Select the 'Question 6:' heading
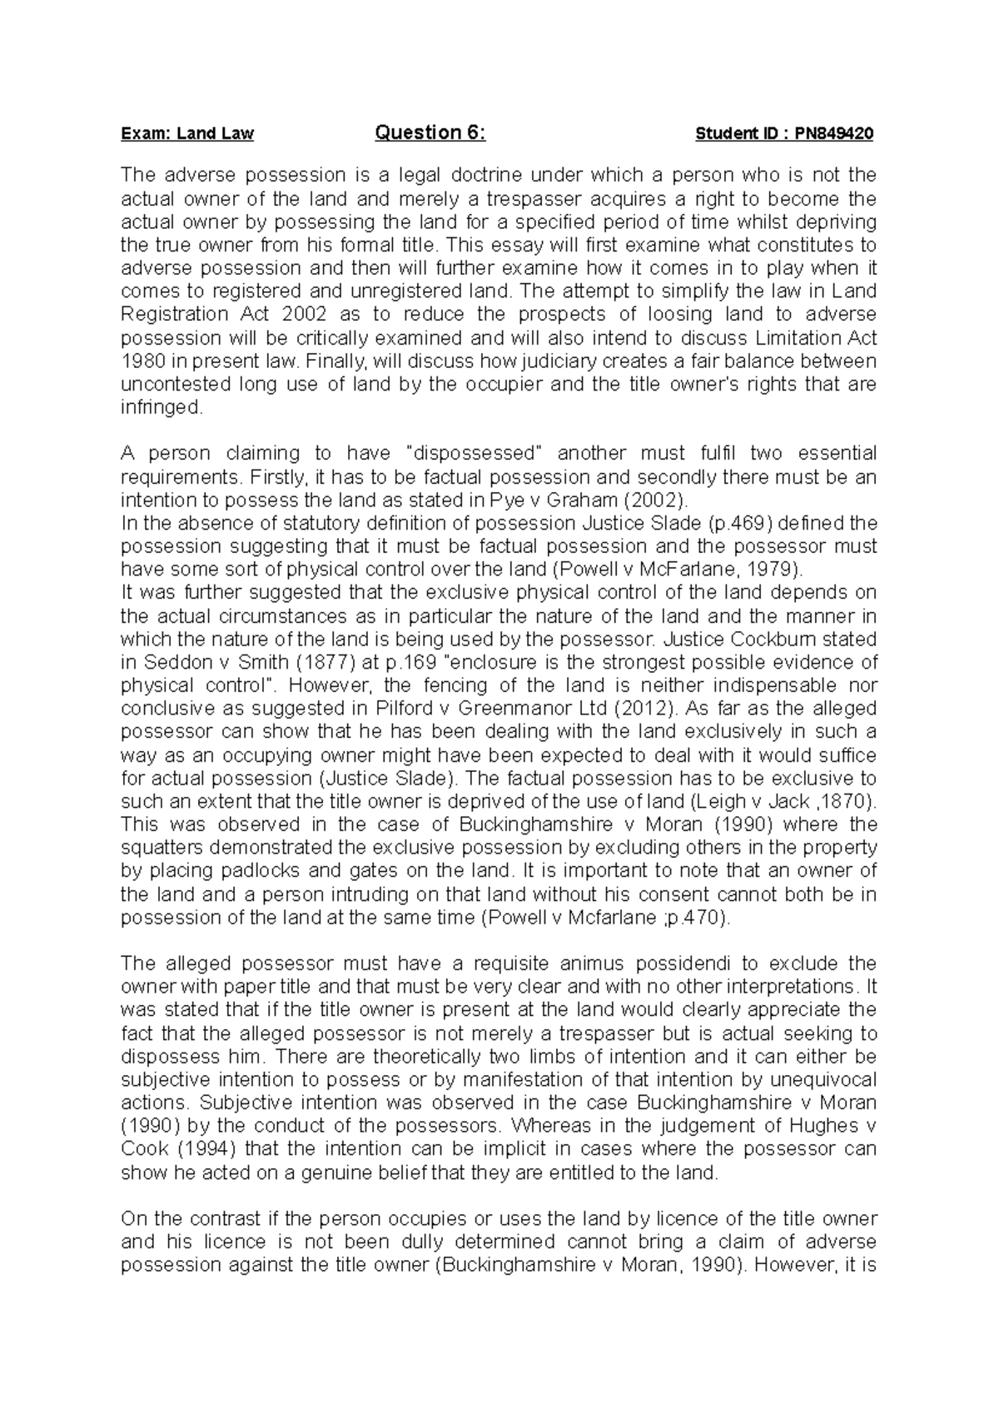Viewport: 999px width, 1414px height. pyautogui.click(x=430, y=132)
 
